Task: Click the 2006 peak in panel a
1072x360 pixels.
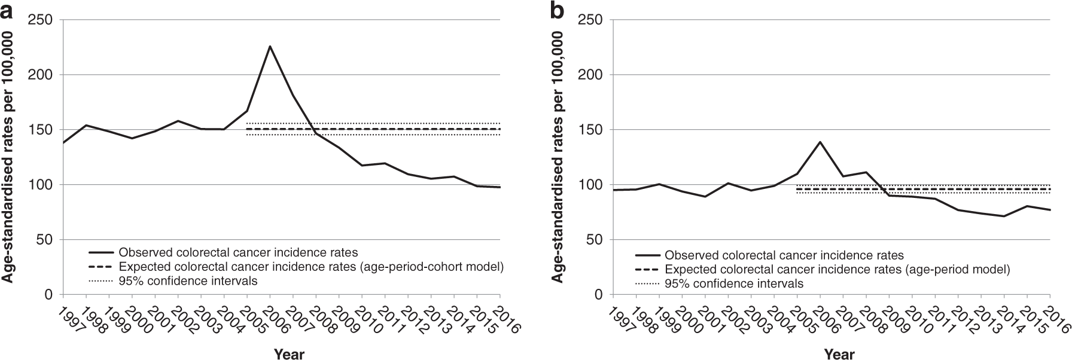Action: (x=270, y=46)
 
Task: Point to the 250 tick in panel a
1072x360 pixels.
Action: (x=43, y=20)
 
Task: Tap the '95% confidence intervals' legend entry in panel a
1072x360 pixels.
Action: (x=188, y=281)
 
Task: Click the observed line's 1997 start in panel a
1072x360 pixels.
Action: (x=63, y=142)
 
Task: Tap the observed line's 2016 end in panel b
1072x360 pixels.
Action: (x=1050, y=210)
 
